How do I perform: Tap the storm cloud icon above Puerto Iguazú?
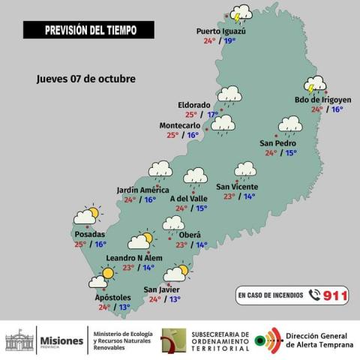coord(241,15)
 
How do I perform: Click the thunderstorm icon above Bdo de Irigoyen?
coord(315,84)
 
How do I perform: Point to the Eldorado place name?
coord(193,105)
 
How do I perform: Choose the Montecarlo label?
coord(179,125)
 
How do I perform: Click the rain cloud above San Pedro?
coord(290,124)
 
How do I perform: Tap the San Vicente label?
coord(237,186)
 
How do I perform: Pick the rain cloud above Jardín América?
coord(160,170)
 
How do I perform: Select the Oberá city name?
coord(190,235)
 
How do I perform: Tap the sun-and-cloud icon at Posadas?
coord(86,216)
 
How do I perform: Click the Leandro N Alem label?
coord(134,257)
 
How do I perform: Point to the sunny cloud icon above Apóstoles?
coord(101,278)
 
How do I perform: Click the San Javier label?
coord(161,289)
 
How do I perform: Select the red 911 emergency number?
coord(336,295)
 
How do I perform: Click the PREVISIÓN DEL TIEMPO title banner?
coord(88,30)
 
